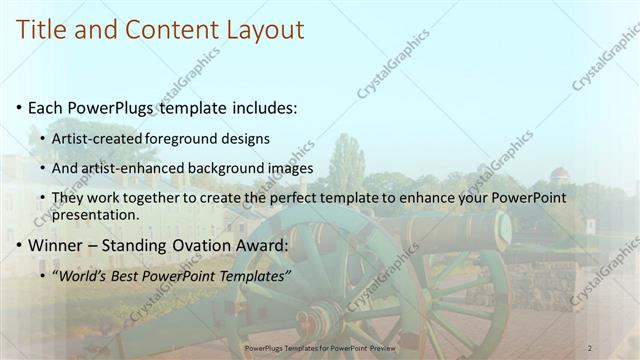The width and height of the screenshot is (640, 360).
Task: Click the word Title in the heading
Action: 45,30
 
